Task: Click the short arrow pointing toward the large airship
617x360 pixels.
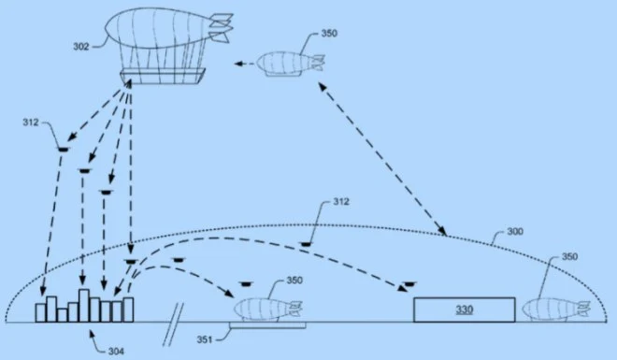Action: (x=243, y=64)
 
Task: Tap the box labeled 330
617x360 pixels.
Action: (x=464, y=309)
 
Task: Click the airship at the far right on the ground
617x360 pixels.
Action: (x=555, y=308)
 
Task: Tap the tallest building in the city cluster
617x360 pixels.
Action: (x=83, y=305)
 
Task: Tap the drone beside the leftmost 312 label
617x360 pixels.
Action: (x=62, y=147)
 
